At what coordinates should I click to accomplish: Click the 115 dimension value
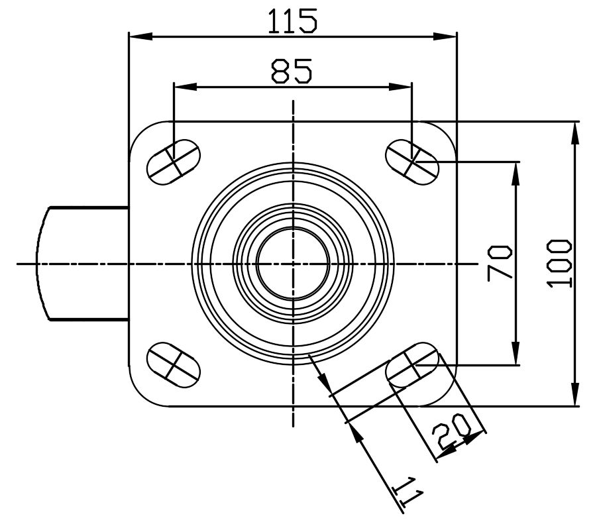pyautogui.click(x=292, y=21)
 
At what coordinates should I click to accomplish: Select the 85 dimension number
pyautogui.click(x=292, y=71)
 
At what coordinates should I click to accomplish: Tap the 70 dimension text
pyautogui.click(x=500, y=263)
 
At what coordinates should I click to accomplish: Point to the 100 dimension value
pyautogui.click(x=560, y=263)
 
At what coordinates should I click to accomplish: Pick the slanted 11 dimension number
pyautogui.click(x=408, y=492)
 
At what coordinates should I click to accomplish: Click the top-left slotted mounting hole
pyautogui.click(x=174, y=162)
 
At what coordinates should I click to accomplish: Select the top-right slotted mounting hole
pyautogui.click(x=412, y=162)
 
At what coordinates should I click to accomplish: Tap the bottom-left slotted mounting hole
pyautogui.click(x=174, y=365)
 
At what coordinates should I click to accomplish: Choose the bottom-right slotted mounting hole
pyautogui.click(x=412, y=365)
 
